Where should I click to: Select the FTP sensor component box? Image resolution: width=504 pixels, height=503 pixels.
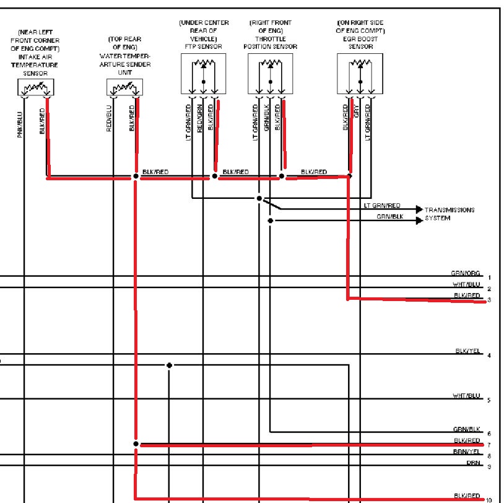point(203,73)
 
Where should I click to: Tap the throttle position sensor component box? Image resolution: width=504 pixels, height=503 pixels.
point(270,73)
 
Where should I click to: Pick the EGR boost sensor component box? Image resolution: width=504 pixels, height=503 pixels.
point(360,73)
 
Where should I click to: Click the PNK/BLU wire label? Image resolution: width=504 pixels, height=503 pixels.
point(20,124)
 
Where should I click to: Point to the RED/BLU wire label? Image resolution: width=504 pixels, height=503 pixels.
point(110,120)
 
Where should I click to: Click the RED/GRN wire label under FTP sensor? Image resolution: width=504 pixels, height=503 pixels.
point(199,118)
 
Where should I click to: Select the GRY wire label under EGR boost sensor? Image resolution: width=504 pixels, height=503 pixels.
point(357,112)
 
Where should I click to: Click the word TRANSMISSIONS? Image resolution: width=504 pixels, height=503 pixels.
point(450,210)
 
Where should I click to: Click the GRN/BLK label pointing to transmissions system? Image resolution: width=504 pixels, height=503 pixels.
point(389,217)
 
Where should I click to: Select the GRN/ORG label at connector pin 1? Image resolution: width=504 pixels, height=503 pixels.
point(466,273)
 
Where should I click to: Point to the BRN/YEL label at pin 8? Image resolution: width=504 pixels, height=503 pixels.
point(466,452)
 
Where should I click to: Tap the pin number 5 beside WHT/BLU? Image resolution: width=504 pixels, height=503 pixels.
point(489,400)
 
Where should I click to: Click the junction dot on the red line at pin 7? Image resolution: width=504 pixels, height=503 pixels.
point(135,444)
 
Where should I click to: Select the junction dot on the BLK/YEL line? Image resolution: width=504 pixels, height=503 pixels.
point(169,365)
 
